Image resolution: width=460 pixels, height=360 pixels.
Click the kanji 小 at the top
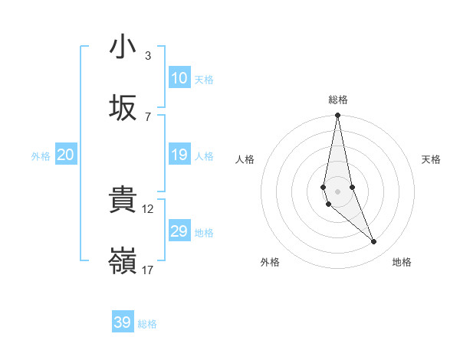[x=123, y=47]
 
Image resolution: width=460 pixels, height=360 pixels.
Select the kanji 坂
[x=123, y=108]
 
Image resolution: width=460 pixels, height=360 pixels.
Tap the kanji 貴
[x=123, y=201]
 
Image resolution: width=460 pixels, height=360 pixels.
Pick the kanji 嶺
[x=123, y=261]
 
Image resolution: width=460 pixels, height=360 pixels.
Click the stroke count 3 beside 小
[x=148, y=55]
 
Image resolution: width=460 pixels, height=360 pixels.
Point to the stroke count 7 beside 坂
[x=148, y=116]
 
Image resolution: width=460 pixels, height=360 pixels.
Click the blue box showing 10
[x=179, y=78]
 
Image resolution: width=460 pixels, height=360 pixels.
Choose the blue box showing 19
[x=179, y=155]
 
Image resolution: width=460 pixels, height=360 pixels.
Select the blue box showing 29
[x=179, y=231]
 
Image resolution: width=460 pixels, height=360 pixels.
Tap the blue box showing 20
[x=65, y=155]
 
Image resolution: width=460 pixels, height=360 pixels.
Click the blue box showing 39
[x=122, y=322]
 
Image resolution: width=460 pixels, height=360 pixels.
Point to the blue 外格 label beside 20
[x=41, y=156]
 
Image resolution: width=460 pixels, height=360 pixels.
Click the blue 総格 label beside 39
[x=147, y=324]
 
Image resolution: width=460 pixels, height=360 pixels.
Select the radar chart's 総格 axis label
[x=338, y=100]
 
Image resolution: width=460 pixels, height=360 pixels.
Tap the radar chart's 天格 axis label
[x=432, y=159]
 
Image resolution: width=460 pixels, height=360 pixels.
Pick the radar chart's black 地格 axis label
[x=402, y=262]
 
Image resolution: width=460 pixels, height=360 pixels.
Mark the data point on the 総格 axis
[x=338, y=116]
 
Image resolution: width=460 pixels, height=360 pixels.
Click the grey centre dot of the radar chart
[x=338, y=191]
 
